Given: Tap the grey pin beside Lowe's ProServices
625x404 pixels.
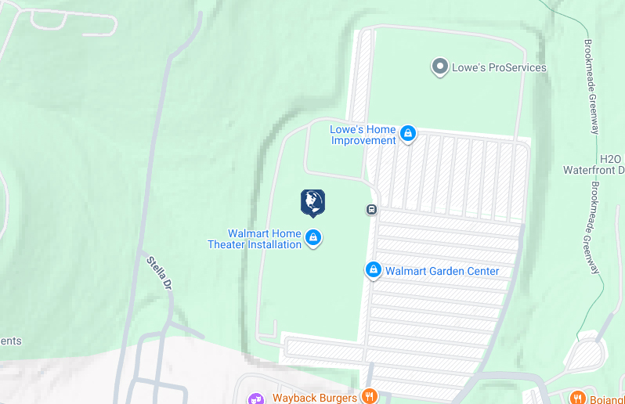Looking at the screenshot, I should coord(440,67).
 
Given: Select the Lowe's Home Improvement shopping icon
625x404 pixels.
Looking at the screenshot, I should coord(407,135).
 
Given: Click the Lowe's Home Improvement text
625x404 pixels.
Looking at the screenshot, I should coord(363,135).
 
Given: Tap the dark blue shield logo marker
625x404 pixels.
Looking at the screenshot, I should coord(312,203).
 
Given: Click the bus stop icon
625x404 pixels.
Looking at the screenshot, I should coord(371,209).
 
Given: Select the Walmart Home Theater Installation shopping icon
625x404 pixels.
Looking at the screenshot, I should coord(313,238).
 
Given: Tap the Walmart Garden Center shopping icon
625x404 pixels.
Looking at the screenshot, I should coord(374,271).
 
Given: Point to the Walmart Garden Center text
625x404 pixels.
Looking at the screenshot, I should coord(443,272).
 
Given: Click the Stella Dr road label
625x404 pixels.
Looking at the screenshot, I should coord(158,274).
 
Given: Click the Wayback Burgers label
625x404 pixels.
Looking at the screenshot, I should coord(315,398).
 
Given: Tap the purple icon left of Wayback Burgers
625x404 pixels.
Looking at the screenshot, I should coord(255,399).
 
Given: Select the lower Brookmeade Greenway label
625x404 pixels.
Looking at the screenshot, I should coord(596,229).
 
